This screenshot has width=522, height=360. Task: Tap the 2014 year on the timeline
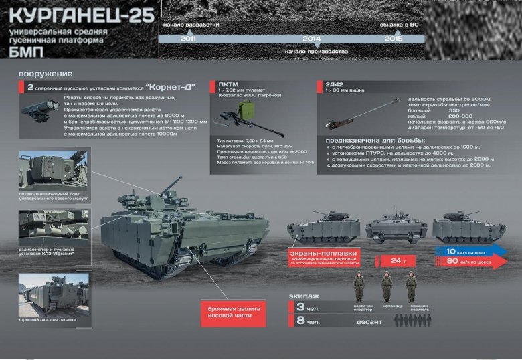pos(312,39)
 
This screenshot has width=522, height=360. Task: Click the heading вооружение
pos(46,74)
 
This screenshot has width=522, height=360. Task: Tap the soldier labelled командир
pos(387,286)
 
